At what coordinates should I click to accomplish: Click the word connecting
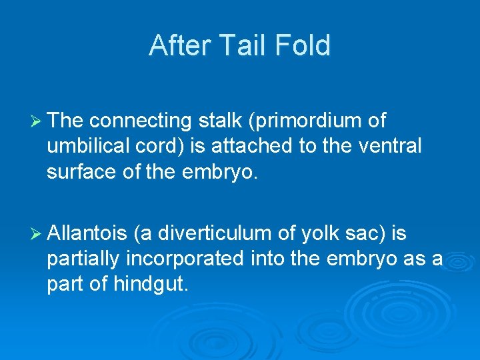pos(139,121)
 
